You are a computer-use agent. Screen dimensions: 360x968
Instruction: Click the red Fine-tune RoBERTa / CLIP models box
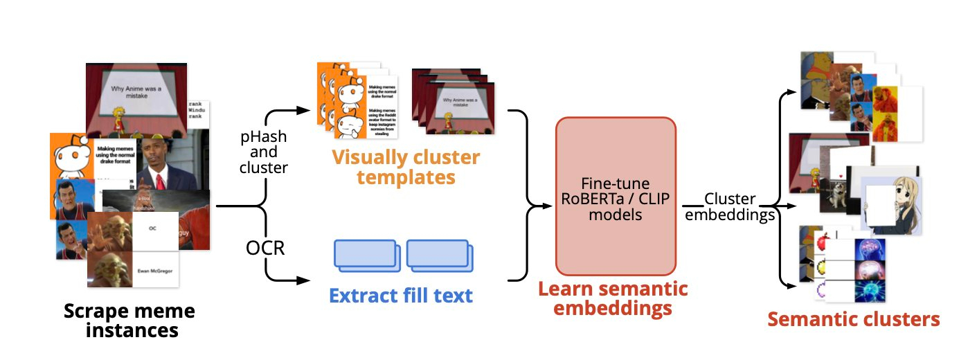tap(616, 195)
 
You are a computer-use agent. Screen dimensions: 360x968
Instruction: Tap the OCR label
tap(266, 247)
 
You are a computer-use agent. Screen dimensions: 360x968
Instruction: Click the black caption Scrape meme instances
tap(129, 321)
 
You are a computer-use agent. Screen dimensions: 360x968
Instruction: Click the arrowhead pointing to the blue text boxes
tap(303, 280)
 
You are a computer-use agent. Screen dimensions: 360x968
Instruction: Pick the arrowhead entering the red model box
tap(550, 206)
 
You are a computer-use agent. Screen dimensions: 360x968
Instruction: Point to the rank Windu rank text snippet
tap(197, 109)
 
